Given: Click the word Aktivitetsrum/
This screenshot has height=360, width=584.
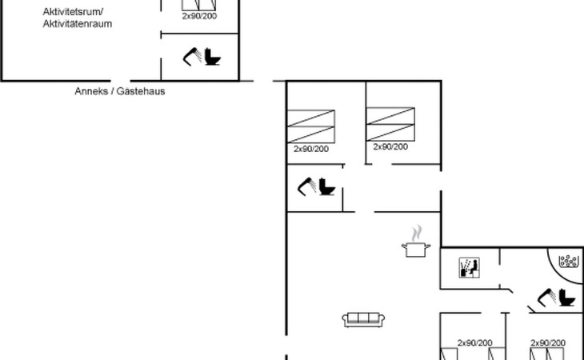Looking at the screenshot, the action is [73, 12].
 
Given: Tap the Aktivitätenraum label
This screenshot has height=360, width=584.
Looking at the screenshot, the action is [77, 24].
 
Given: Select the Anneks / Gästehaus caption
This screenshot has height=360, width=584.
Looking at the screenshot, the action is [119, 91].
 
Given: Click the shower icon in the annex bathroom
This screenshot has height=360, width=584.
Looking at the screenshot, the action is [192, 57].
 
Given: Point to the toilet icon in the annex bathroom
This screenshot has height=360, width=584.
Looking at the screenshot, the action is [213, 57].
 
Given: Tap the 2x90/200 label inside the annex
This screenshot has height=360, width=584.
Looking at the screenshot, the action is [199, 16].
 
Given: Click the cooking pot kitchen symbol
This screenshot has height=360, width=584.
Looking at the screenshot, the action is [416, 242].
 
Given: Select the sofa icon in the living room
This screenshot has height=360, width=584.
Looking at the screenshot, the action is [363, 320].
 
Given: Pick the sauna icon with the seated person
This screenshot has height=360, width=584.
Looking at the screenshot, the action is [470, 268].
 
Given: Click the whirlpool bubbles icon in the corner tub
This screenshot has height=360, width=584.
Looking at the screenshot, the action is [569, 261].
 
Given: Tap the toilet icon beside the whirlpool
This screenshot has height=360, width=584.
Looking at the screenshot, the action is [567, 298].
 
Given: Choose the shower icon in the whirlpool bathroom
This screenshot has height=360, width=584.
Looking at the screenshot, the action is [546, 298].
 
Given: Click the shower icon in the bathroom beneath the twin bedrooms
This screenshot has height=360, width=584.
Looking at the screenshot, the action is [307, 186].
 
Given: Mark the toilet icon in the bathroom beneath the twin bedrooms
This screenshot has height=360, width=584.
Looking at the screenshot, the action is [327, 187].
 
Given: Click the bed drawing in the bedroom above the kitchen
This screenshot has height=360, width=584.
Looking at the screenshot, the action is [390, 124].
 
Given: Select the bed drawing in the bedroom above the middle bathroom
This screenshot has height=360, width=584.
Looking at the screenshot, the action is [311, 126].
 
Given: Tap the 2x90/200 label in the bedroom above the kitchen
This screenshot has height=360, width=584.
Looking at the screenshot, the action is [390, 146].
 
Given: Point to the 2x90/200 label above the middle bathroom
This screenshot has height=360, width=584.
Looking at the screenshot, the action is [311, 149].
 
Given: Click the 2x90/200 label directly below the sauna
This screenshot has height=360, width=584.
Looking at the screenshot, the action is [475, 342].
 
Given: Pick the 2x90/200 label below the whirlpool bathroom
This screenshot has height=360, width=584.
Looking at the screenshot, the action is [548, 342].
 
